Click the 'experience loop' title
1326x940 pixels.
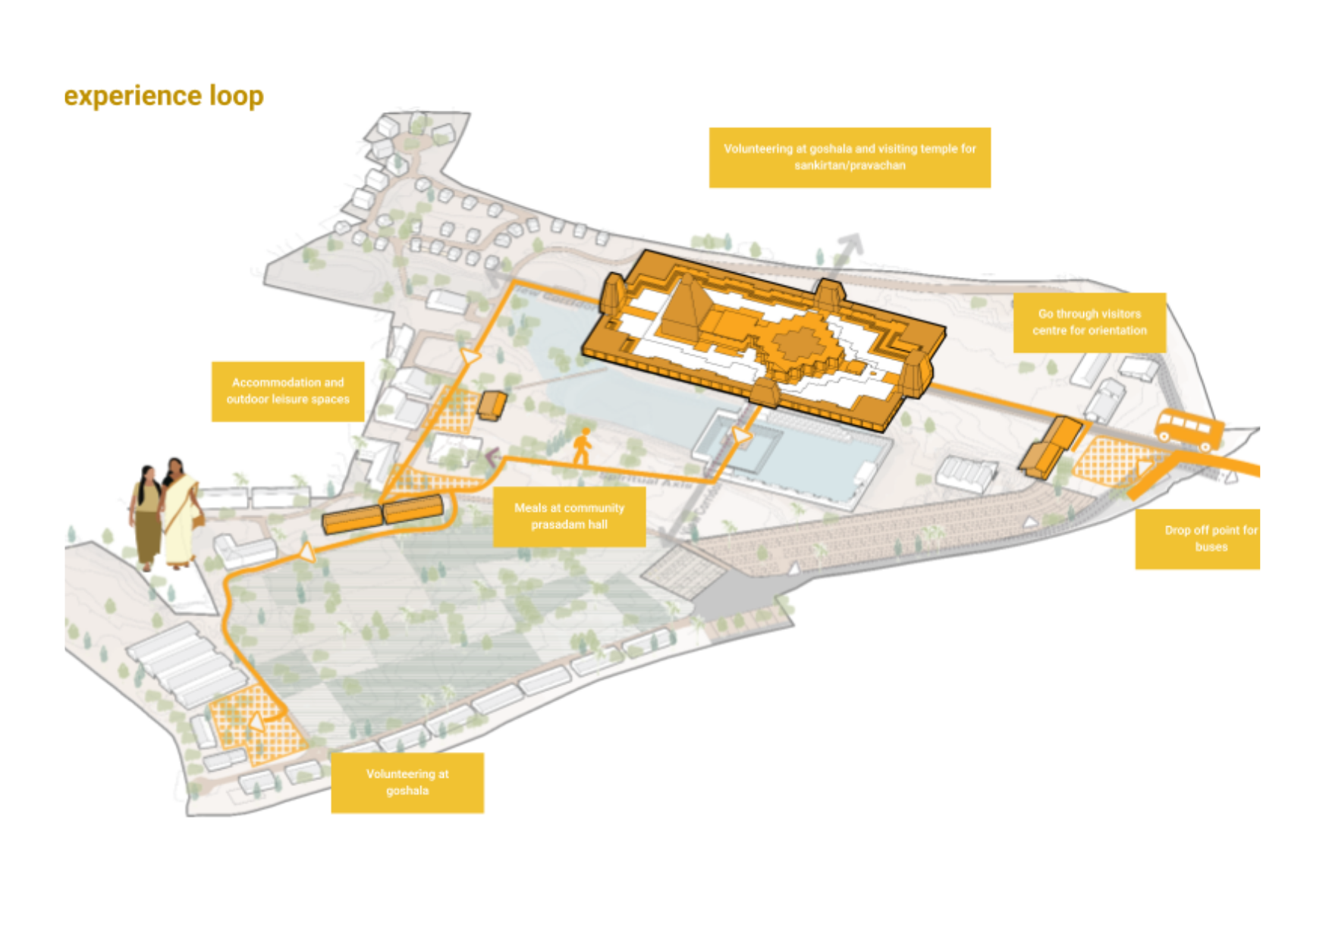pyautogui.click(x=164, y=96)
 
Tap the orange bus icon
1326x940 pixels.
pyautogui.click(x=1188, y=429)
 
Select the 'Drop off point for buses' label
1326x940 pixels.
pyautogui.click(x=1197, y=538)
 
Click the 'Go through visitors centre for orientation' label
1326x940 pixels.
pyautogui.click(x=1089, y=322)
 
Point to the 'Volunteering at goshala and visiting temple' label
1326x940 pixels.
pyautogui.click(x=849, y=157)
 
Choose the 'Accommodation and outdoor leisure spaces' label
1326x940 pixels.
pyautogui.click(x=288, y=391)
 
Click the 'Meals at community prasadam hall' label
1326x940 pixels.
pyautogui.click(x=569, y=516)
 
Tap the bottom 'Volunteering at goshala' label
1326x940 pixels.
pyautogui.click(x=407, y=782)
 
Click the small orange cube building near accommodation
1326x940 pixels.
pyautogui.click(x=492, y=405)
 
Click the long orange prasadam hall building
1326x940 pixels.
pyautogui.click(x=382, y=514)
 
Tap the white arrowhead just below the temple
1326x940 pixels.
pyautogui.click(x=741, y=436)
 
